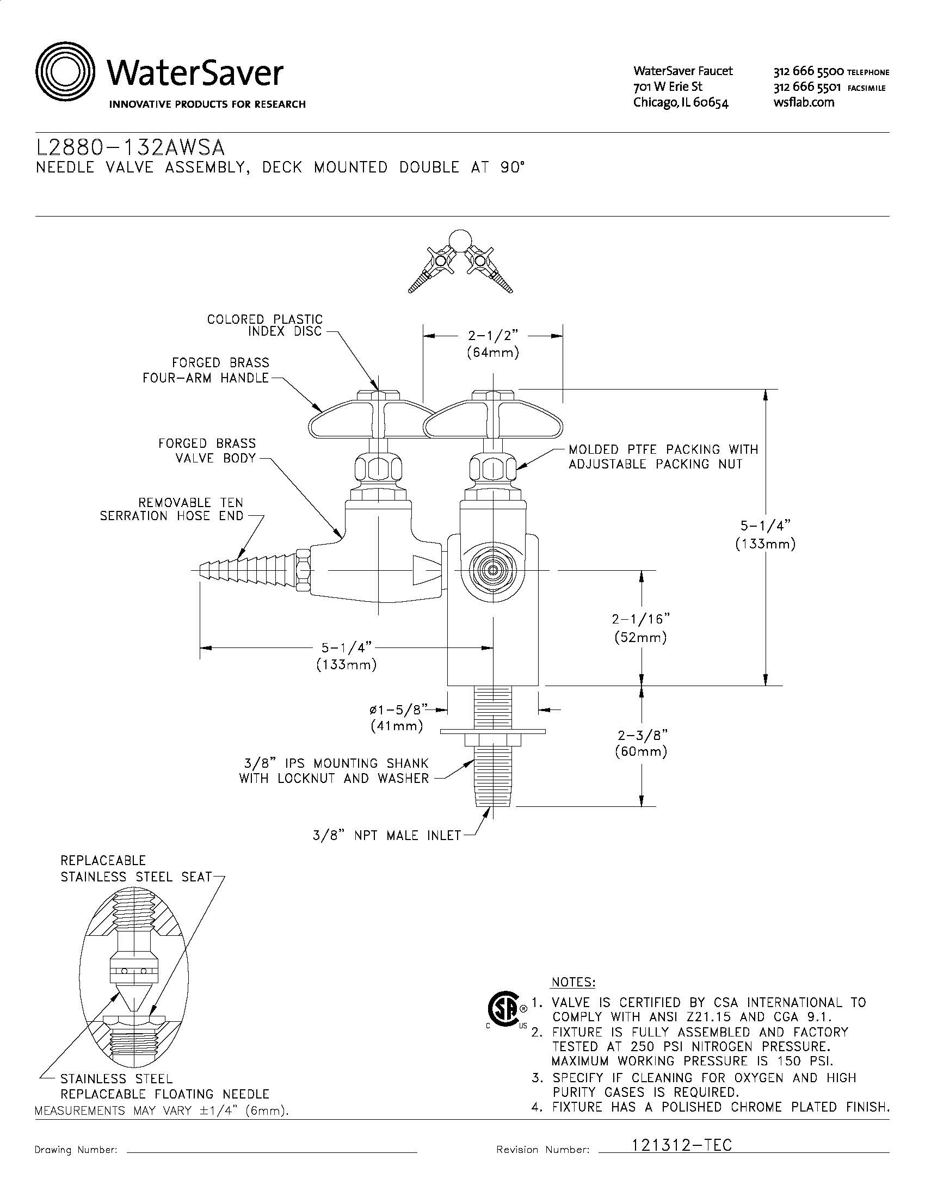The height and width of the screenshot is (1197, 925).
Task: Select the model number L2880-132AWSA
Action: pos(130,149)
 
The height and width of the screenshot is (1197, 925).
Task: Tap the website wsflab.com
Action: pos(803,102)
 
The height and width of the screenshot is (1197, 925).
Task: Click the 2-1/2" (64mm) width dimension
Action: pos(492,344)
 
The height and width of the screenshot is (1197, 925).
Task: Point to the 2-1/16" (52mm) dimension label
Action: pos(640,628)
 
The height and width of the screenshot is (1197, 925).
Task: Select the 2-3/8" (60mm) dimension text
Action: pos(640,743)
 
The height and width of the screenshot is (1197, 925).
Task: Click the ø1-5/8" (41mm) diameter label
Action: pos(397,718)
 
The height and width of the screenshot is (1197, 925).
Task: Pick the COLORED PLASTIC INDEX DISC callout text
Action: pos(264,325)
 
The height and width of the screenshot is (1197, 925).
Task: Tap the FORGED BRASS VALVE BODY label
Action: pos(207,451)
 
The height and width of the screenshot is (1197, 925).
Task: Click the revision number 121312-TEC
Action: pos(682,1145)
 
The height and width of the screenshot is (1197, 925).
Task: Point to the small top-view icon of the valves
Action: pos(461,262)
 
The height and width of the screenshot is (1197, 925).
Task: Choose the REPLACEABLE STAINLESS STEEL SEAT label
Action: pos(136,869)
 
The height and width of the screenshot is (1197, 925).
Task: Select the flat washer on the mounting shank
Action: pos(492,731)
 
